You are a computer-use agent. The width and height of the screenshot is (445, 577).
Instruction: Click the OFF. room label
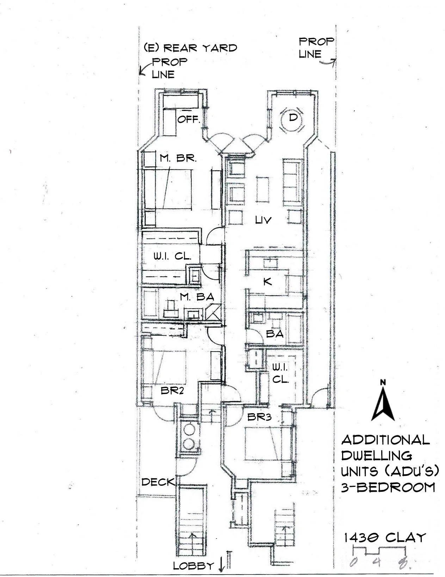pyautogui.click(x=188, y=119)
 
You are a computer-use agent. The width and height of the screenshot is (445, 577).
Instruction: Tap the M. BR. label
pyautogui.click(x=178, y=158)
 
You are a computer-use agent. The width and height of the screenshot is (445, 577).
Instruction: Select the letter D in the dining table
pyautogui.click(x=293, y=117)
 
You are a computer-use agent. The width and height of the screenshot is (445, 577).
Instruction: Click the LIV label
pyautogui.click(x=264, y=220)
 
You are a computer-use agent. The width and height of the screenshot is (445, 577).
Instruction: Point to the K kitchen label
pyautogui.click(x=267, y=281)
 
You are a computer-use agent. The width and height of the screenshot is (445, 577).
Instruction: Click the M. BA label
pyautogui.click(x=197, y=297)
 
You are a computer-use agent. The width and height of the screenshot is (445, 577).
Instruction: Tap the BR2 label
pyautogui.click(x=172, y=390)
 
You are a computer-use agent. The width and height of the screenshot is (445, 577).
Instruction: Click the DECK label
pyautogui.click(x=158, y=482)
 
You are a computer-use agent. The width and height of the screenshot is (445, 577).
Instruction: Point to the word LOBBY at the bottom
pyautogui.click(x=193, y=566)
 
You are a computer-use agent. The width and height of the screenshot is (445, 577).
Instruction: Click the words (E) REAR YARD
pyautogui.click(x=190, y=48)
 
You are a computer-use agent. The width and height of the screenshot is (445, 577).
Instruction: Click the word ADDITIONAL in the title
pyautogui.click(x=385, y=440)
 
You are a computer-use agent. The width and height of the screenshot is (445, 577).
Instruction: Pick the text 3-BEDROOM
pyautogui.click(x=388, y=488)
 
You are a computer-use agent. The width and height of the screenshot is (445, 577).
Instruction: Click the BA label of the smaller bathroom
pyautogui.click(x=274, y=333)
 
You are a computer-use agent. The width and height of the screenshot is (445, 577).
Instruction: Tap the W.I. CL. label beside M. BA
pyautogui.click(x=172, y=256)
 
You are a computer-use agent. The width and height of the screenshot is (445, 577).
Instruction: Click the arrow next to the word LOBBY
pyautogui.click(x=221, y=565)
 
